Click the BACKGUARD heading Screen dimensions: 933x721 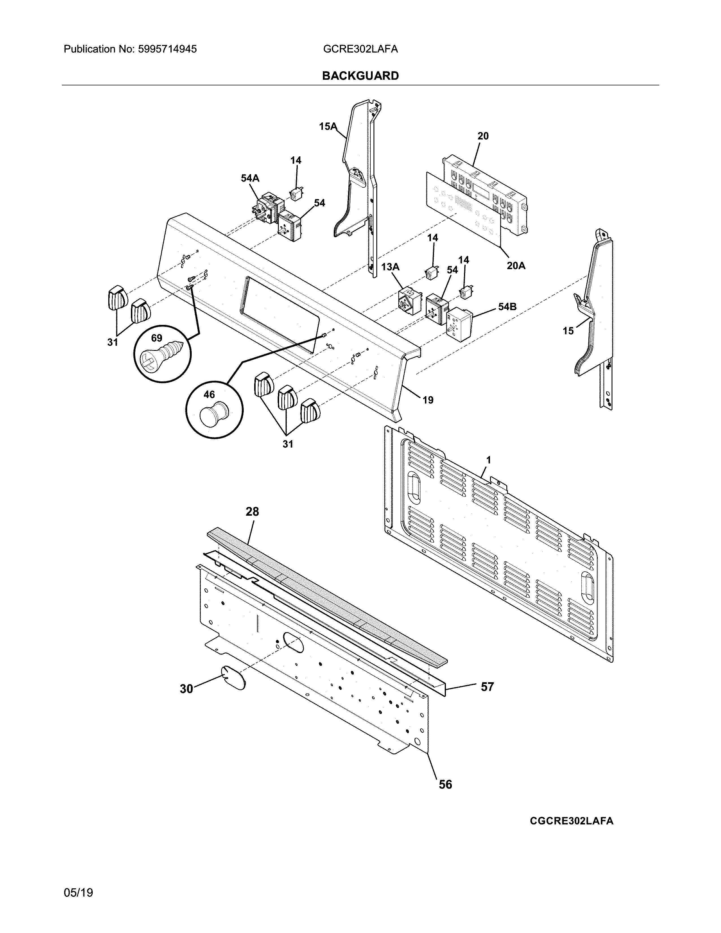click(360, 76)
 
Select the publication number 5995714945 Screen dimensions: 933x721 click(167, 49)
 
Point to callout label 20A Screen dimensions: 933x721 click(516, 266)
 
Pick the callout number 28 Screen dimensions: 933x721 click(252, 511)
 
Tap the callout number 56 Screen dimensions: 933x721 click(445, 784)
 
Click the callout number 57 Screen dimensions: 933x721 click(487, 687)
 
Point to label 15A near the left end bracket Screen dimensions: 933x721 click(328, 126)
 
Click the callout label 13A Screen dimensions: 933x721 click(390, 267)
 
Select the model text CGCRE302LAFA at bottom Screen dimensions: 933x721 click(571, 821)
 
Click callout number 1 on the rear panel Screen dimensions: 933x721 click(488, 460)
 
